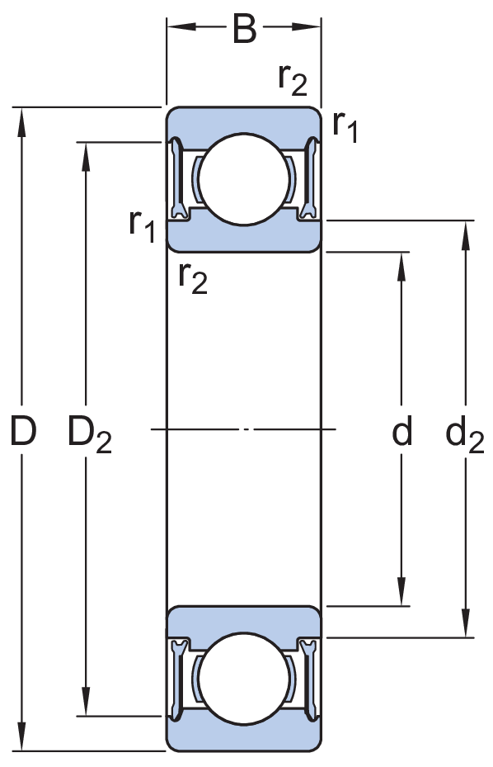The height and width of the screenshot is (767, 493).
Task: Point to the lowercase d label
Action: coord(402,430)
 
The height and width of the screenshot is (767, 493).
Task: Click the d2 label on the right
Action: coord(465,435)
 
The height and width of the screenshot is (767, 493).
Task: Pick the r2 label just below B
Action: coord(293,80)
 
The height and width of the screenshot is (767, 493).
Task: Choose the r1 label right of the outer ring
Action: coord(345,126)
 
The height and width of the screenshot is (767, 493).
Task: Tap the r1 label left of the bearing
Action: coord(142,226)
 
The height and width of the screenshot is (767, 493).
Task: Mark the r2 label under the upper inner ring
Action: coord(193,278)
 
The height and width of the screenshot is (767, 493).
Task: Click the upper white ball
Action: coord(244,179)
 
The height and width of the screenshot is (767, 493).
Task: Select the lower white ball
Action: coord(244,679)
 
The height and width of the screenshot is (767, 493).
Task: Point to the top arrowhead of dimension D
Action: coord(21,122)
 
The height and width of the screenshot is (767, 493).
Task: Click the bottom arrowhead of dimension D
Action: coord(21,735)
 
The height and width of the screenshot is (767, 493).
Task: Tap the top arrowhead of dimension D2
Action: coord(86,158)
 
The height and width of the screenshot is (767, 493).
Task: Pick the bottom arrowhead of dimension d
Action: coord(401,591)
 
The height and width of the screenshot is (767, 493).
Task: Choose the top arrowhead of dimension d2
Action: coord(466,236)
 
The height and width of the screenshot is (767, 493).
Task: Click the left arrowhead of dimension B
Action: coord(181,26)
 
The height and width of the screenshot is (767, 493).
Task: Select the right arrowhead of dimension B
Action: coord(307,26)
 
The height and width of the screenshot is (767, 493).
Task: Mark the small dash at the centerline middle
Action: coord(246,429)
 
